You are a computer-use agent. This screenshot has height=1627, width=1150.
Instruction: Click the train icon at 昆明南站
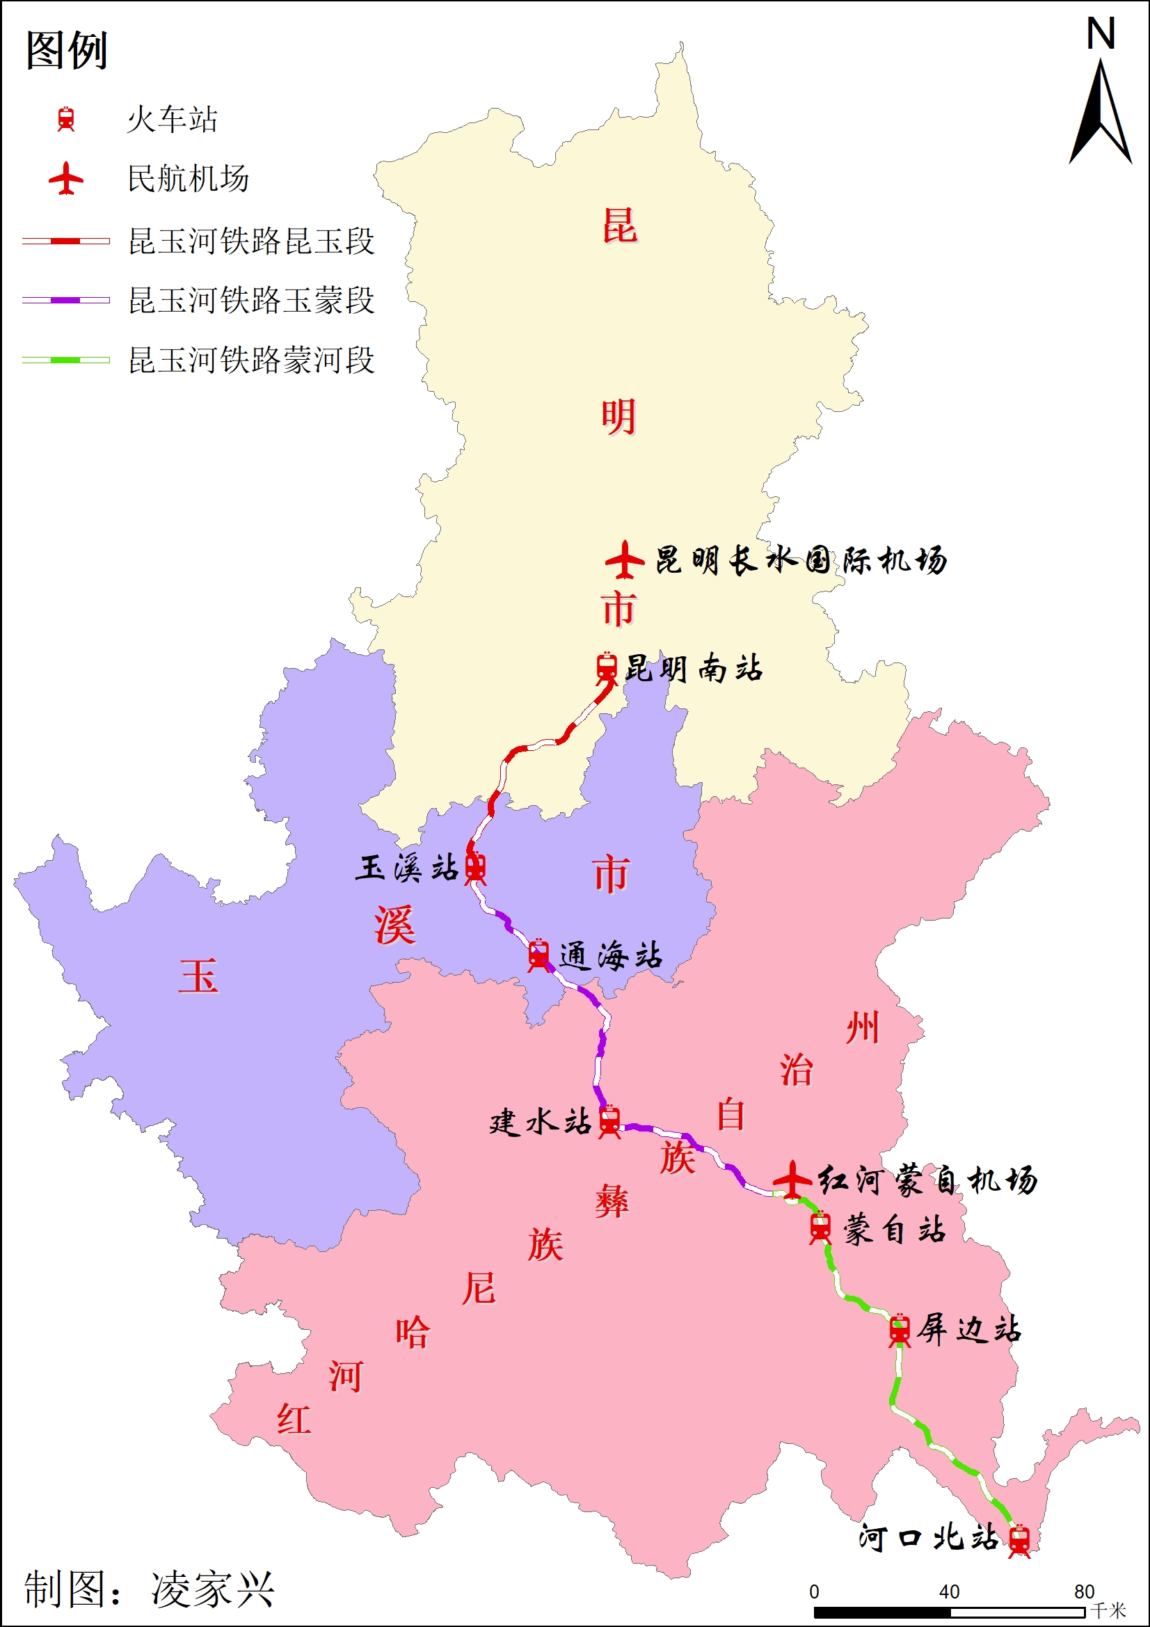point(607,667)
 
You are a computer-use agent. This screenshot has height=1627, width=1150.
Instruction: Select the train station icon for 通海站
point(538,955)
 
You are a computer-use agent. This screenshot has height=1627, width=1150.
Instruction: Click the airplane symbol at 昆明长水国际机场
point(624,559)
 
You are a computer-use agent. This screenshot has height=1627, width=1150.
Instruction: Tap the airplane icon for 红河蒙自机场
point(792,1180)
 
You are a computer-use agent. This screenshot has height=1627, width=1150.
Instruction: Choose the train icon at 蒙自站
point(820,1228)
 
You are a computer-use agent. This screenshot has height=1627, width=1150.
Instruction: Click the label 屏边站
point(968,1329)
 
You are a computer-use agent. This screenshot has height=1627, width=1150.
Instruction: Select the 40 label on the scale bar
point(949,1592)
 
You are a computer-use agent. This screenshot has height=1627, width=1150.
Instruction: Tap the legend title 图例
point(66,50)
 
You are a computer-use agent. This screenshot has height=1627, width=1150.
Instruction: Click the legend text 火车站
point(171,119)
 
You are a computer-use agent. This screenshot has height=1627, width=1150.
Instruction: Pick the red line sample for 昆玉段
point(66,241)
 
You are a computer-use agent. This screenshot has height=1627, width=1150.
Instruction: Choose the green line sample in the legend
point(66,360)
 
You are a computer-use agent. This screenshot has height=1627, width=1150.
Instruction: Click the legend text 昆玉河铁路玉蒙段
point(251,301)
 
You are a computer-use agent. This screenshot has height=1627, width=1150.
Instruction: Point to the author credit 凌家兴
point(212,1589)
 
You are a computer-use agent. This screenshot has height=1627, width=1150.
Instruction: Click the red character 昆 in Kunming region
point(619,226)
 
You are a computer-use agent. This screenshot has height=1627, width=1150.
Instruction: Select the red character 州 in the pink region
point(862,1028)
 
